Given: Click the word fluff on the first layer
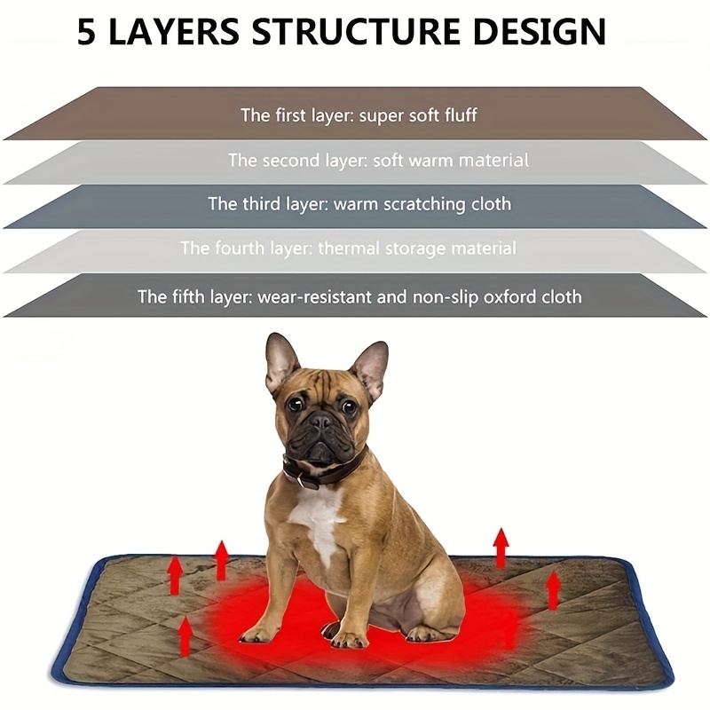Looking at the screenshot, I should pyautogui.click(x=458, y=115).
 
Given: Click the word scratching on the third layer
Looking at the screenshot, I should pyautogui.click(x=421, y=204).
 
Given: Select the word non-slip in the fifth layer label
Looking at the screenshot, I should pyautogui.click(x=440, y=296).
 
